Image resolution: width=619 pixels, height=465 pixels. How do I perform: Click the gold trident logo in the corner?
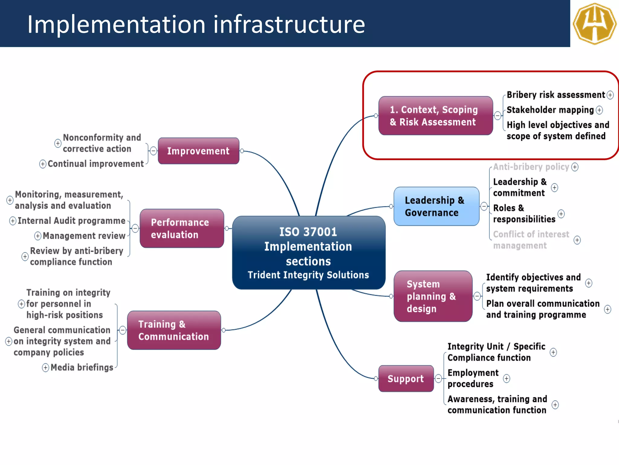[595, 23]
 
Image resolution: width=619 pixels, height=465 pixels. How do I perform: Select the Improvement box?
[198, 151]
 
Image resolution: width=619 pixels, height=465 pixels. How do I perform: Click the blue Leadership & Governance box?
[436, 206]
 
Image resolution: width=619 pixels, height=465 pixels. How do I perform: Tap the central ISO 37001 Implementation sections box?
[308, 253]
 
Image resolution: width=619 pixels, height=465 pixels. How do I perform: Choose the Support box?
[406, 378]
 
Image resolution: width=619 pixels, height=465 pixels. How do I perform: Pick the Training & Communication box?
[174, 330]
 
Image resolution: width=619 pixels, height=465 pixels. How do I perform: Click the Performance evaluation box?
[182, 228]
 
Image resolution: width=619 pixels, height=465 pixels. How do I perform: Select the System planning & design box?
[433, 296]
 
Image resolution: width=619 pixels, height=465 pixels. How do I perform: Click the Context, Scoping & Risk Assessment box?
[435, 116]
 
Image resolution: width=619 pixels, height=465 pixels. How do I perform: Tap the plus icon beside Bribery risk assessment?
[610, 95]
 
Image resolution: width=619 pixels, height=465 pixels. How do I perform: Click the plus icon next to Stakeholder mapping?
[599, 110]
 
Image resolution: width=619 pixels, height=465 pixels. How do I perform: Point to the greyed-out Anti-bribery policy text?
[531, 167]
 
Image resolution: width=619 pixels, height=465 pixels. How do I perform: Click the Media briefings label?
[82, 368]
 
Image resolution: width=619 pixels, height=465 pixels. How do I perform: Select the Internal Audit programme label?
[71, 221]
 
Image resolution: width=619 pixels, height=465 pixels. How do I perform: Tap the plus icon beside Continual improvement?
[43, 164]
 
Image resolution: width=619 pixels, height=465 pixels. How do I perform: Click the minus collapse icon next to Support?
[438, 378]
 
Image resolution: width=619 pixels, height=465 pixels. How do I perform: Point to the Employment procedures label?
[473, 378]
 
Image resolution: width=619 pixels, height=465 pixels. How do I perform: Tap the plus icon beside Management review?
[38, 236]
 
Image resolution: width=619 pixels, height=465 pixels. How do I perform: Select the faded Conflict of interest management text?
[531, 240]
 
